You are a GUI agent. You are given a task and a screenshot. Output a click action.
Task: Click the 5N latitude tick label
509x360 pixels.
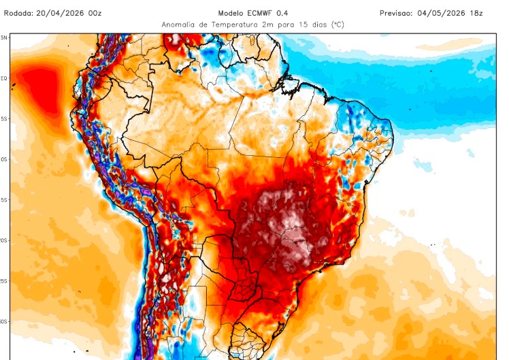(4, 38)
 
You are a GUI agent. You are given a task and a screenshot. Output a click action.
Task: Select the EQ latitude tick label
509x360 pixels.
(4, 78)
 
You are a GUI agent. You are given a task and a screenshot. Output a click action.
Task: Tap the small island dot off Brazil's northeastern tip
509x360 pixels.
(410, 109)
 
